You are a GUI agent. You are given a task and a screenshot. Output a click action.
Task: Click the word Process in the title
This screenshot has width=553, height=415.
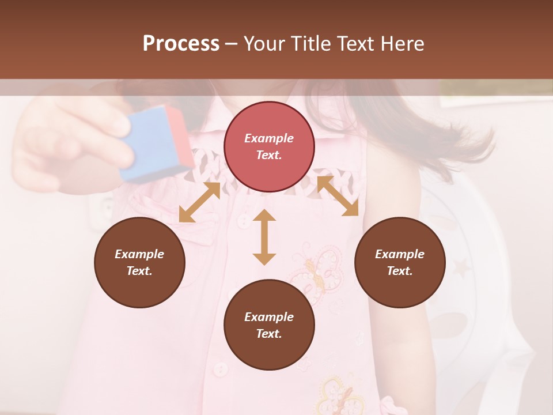[181, 44]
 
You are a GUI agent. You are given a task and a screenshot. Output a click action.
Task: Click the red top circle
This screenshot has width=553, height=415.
[269, 146]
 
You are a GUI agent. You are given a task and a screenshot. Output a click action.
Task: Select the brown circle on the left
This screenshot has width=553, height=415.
[139, 262]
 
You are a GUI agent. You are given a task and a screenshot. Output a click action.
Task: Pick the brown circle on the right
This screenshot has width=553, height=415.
[400, 262]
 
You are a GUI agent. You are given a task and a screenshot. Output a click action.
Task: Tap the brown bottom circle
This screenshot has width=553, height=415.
[269, 325]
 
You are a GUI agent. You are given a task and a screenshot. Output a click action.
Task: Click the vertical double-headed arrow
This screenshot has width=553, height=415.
[264, 237]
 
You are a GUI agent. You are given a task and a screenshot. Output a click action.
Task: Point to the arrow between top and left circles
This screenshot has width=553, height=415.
[199, 202]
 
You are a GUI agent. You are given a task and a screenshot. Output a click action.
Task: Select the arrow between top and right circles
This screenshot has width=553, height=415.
[338, 196]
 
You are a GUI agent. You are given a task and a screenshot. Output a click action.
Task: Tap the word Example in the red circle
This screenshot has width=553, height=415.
[269, 138]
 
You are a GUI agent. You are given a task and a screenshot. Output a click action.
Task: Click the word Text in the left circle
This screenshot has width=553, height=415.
[139, 271]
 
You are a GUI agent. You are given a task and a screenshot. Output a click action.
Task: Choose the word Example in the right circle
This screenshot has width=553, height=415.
[400, 254]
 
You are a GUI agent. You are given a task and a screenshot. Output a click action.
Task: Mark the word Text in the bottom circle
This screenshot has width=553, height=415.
[269, 334]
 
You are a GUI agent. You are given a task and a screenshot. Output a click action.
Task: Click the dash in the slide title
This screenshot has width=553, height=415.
[231, 44]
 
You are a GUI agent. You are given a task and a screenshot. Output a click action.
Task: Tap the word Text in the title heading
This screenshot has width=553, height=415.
[355, 44]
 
